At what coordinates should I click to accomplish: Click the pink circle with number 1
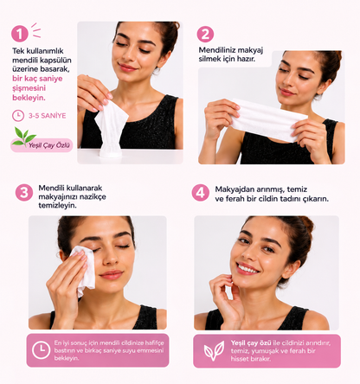tap(20, 34)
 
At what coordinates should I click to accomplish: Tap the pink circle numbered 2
tap(205, 35)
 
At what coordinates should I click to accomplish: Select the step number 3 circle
tap(24, 192)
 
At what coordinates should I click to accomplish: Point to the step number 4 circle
tap(201, 193)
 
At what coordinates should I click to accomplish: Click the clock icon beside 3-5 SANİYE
tap(18, 116)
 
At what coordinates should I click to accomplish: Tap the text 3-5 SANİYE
tap(47, 116)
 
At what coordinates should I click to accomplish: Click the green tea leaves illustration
tap(23, 136)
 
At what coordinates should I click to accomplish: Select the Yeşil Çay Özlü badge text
tap(49, 145)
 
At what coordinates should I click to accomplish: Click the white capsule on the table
tap(111, 150)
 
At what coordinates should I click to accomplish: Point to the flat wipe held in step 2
tap(268, 119)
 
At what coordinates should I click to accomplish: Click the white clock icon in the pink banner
tap(41, 350)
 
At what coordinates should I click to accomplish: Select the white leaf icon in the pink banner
tap(214, 350)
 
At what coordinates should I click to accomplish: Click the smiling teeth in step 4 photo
tap(247, 269)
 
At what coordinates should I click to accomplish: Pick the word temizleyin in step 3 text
tap(57, 206)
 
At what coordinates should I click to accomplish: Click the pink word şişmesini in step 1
tap(29, 88)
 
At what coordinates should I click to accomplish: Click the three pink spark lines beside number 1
tap(36, 30)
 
